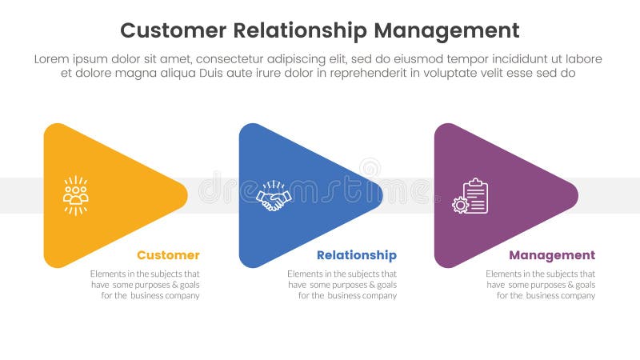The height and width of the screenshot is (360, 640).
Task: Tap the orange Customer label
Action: pyautogui.click(x=168, y=255)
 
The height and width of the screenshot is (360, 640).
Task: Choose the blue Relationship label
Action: pyautogui.click(x=356, y=255)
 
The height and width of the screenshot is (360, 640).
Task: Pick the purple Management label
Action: pyautogui.click(x=552, y=255)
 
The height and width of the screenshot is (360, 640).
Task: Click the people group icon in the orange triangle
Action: pyautogui.click(x=76, y=195)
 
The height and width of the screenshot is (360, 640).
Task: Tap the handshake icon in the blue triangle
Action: pyautogui.click(x=274, y=197)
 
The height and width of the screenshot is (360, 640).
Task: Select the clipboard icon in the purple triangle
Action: pyautogui.click(x=475, y=195)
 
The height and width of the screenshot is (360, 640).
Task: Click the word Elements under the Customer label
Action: pyautogui.click(x=108, y=274)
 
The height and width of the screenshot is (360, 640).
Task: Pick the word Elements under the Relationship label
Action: pyautogui.click(x=305, y=274)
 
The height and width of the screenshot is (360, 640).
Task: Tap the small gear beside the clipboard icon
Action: pyautogui.click(x=459, y=205)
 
